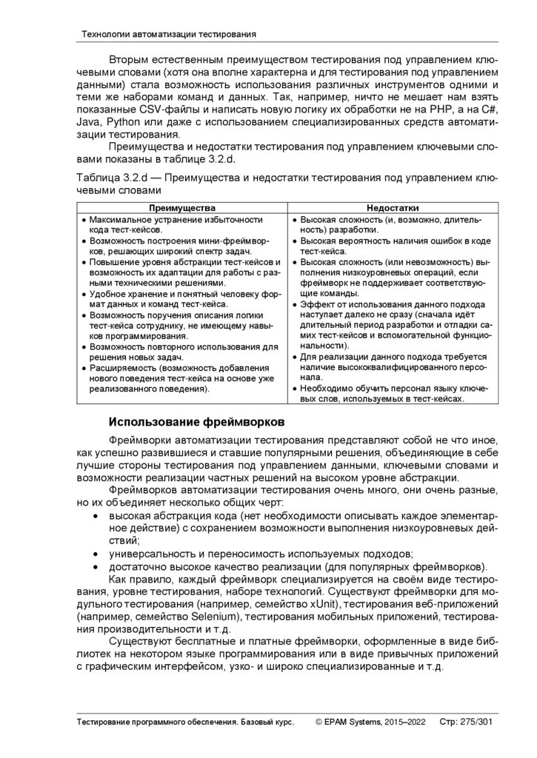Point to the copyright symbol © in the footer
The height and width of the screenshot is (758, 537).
coord(319,722)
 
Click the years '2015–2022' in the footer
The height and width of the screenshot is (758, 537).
coord(406,722)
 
